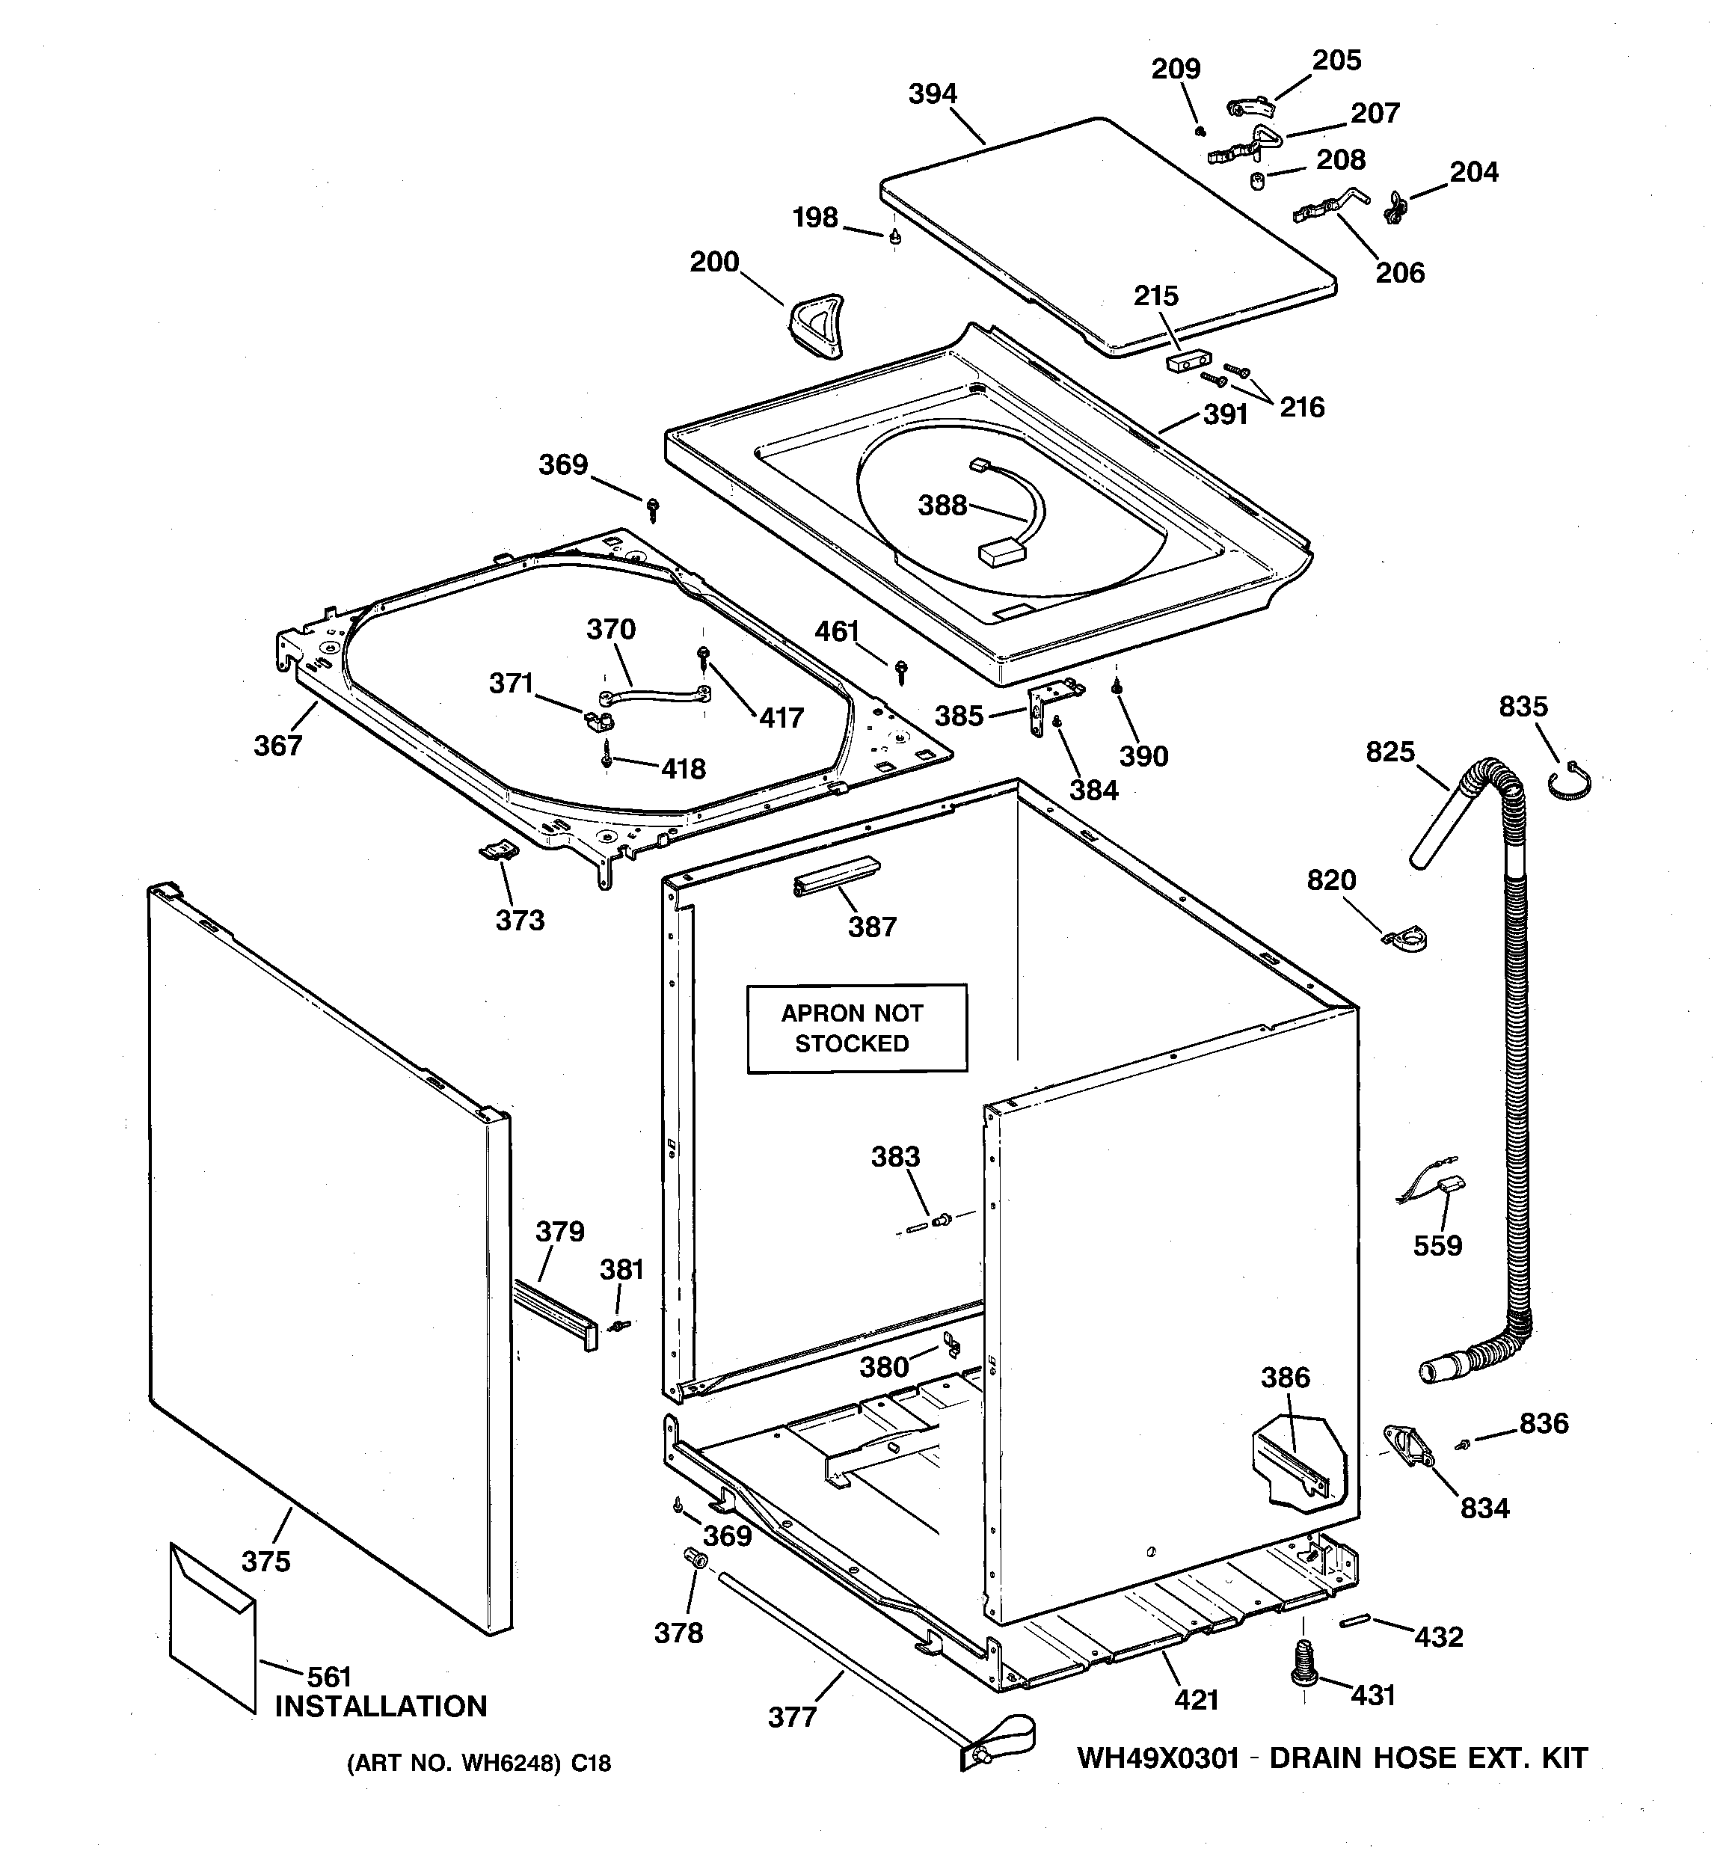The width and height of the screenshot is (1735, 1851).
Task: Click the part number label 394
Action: point(933,94)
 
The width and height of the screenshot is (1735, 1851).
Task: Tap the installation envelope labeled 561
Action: point(212,1627)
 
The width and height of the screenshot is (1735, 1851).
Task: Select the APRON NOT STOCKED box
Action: point(856,1028)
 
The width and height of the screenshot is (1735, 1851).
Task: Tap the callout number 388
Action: point(942,506)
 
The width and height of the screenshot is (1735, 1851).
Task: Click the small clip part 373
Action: point(498,850)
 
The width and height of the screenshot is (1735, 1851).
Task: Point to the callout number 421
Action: point(1196,1700)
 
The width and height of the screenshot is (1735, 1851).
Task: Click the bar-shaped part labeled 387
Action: point(835,875)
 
